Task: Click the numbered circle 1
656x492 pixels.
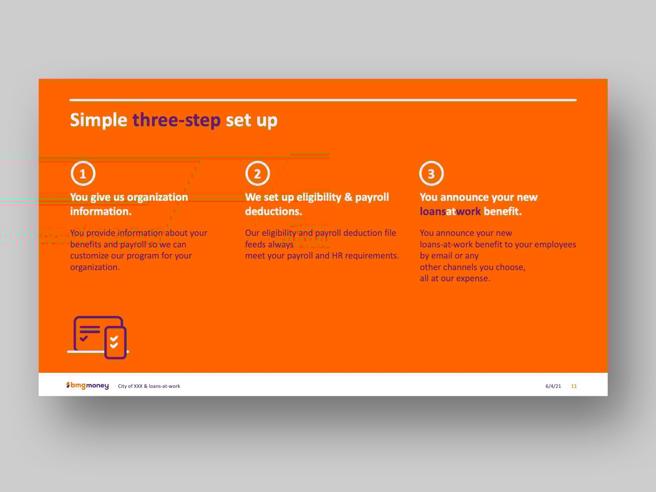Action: pyautogui.click(x=83, y=173)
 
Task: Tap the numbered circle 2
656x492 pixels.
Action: pyautogui.click(x=258, y=173)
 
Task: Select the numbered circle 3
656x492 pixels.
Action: pyautogui.click(x=431, y=173)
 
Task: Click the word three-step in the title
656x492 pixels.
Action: pyautogui.click(x=176, y=120)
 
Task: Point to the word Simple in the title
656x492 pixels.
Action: pyautogui.click(x=99, y=121)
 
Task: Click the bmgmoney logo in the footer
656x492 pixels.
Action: pyautogui.click(x=87, y=386)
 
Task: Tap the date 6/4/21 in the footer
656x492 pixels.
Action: pyautogui.click(x=553, y=386)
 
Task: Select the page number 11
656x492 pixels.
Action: pyautogui.click(x=574, y=386)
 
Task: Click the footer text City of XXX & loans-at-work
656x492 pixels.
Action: pyautogui.click(x=149, y=386)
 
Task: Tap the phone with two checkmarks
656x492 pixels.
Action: pyautogui.click(x=115, y=343)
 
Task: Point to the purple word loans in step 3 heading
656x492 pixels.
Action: pyautogui.click(x=433, y=211)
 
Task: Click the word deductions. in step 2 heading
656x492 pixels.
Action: pyautogui.click(x=273, y=211)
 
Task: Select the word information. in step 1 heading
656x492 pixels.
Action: pyautogui.click(x=101, y=211)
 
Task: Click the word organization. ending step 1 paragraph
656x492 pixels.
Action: pyautogui.click(x=95, y=267)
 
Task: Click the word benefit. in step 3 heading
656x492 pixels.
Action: pyautogui.click(x=502, y=211)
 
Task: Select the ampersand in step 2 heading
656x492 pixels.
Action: pyautogui.click(x=348, y=197)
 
